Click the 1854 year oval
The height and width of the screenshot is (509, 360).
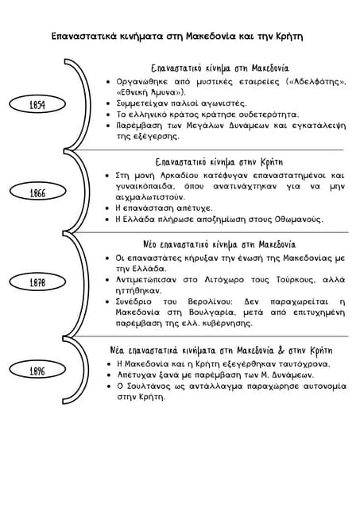pos(37,105)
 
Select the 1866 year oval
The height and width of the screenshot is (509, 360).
pos(37,193)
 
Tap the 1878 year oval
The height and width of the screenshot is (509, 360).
pos(37,283)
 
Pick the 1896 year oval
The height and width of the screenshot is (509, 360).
pos(37,371)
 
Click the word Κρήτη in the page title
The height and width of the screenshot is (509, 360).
pos(288,37)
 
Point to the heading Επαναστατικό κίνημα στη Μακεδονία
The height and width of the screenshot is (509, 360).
pos(220,68)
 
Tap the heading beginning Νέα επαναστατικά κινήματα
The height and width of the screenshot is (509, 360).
pos(220,350)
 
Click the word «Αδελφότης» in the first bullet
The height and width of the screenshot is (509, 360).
pos(317,81)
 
